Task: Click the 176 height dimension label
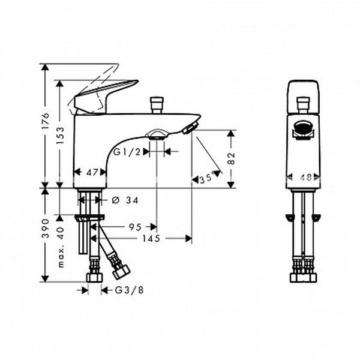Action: tap(46, 121)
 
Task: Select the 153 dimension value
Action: tap(61, 136)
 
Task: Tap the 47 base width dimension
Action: tap(92, 172)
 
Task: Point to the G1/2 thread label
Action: tap(127, 152)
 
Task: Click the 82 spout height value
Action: tap(231, 158)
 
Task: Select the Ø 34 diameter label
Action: tap(125, 200)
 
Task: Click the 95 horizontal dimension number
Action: tap(135, 227)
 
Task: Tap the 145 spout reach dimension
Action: tap(151, 239)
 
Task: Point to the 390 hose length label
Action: tap(46, 229)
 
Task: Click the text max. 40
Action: tap(61, 247)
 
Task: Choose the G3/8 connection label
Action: tap(129, 290)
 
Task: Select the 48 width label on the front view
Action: tap(306, 177)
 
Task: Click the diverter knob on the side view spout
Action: tap(157, 105)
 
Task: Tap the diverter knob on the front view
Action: tap(303, 105)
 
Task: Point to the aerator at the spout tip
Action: tap(190, 128)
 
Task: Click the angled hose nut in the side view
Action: tap(122, 271)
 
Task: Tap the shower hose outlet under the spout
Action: tap(157, 135)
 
